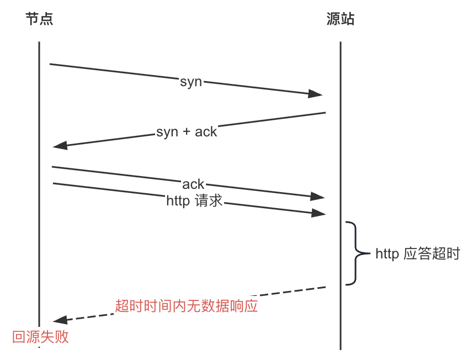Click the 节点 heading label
[39, 20]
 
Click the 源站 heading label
[340, 20]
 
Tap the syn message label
[191, 82]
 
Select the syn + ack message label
[187, 133]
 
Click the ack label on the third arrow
[193, 184]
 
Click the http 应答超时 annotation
[417, 255]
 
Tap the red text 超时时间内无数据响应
[187, 306]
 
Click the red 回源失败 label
[40, 337]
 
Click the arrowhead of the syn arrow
[316, 94]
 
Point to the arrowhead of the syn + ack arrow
[60, 146]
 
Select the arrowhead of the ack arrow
[318, 196]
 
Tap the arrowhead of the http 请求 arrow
[318, 213]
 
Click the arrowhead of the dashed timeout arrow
[60, 320]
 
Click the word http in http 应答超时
[388, 255]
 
